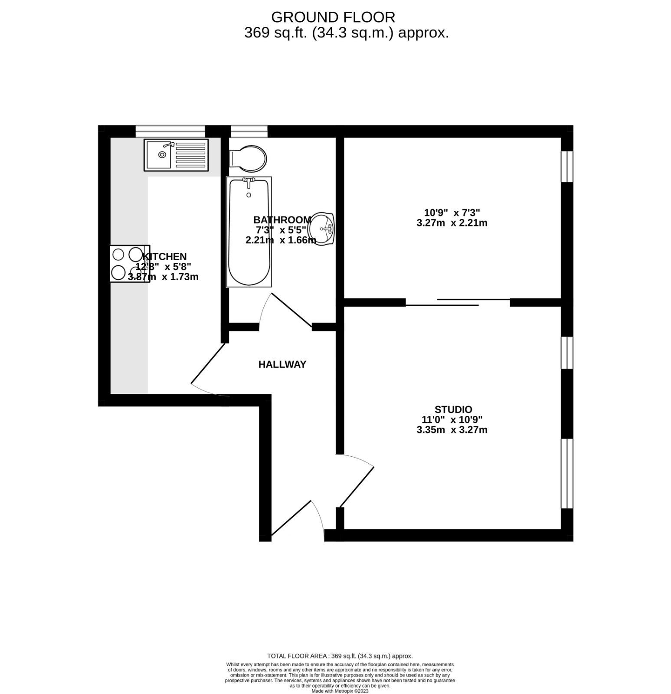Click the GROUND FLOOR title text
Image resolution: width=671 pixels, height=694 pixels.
(333, 17)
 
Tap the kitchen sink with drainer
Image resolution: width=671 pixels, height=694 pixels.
(176, 154)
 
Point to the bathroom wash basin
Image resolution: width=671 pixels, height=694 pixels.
(322, 229)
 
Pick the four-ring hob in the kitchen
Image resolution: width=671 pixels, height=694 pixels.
(129, 264)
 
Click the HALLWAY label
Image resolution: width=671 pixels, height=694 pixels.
(282, 364)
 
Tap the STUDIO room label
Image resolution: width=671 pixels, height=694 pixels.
(453, 409)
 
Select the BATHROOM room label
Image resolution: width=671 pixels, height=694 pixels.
(282, 219)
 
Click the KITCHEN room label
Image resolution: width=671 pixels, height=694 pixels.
(165, 256)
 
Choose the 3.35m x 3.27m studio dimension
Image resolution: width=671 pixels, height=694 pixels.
(452, 430)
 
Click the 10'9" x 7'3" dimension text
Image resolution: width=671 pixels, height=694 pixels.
(452, 213)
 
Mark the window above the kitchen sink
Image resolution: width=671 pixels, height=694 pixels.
(170, 131)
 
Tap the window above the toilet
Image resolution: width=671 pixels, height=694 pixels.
(249, 131)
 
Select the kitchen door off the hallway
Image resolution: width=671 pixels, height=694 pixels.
(208, 369)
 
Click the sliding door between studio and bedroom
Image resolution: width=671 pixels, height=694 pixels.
(458, 302)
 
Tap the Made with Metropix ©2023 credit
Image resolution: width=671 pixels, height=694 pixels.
(340, 691)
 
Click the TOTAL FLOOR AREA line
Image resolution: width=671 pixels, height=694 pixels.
(340, 656)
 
